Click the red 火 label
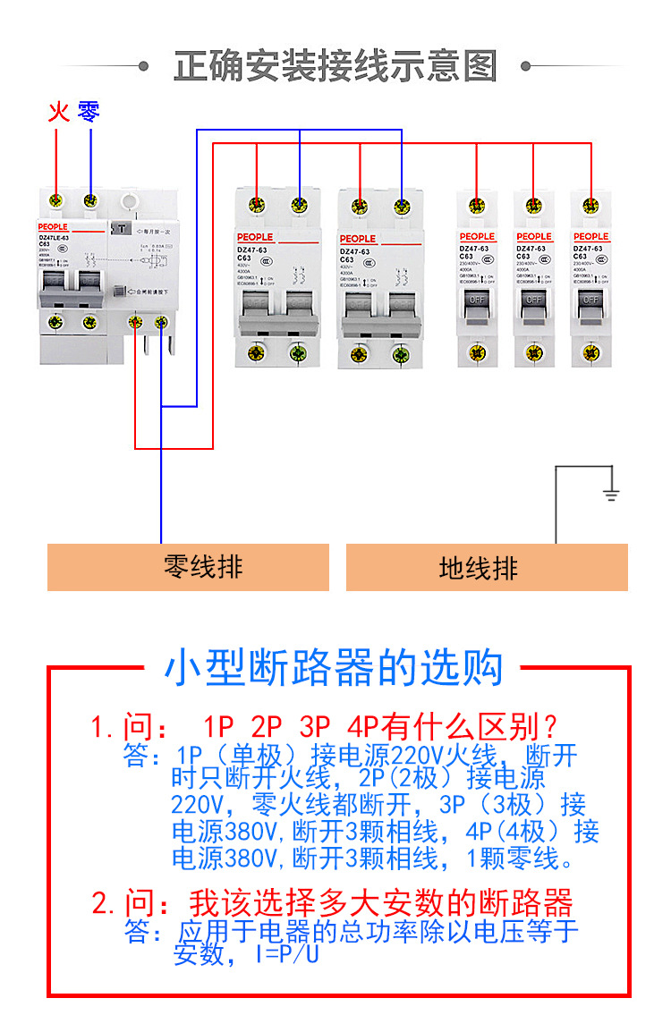click(58, 113)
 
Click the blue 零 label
click(89, 112)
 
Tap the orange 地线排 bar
click(487, 567)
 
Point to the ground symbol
click(611, 493)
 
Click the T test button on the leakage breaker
click(116, 229)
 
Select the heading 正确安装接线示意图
click(335, 66)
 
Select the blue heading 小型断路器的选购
click(334, 668)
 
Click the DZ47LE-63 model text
click(53, 236)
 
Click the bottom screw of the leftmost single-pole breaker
click(477, 352)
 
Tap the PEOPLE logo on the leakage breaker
click(53, 226)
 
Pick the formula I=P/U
click(287, 955)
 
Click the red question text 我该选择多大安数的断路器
click(380, 901)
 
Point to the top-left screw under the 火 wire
click(58, 199)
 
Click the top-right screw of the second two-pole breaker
click(401, 207)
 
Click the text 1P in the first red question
click(217, 725)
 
